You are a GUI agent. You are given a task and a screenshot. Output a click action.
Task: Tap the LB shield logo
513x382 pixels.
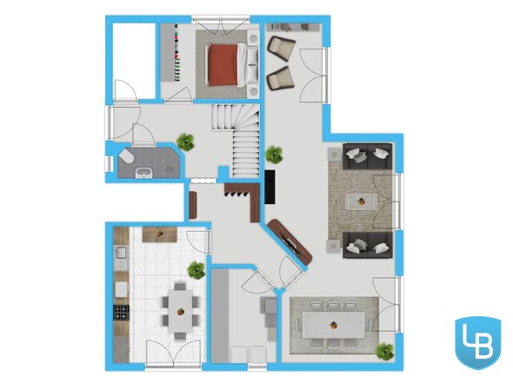click(x=478, y=342)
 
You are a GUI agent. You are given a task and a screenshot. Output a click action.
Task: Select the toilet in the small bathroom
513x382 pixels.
click(x=126, y=156)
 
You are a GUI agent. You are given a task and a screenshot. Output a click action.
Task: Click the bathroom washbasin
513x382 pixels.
click(x=143, y=173)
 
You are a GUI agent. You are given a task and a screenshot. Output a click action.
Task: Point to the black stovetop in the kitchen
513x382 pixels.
click(x=121, y=312)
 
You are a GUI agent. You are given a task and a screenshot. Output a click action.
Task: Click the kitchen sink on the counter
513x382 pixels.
click(x=121, y=254)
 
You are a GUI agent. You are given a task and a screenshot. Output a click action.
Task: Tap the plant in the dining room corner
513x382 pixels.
click(x=384, y=352)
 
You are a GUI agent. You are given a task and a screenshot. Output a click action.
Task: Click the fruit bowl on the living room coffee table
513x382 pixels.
click(x=362, y=201)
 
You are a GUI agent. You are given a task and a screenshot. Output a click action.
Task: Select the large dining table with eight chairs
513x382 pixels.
click(x=333, y=325)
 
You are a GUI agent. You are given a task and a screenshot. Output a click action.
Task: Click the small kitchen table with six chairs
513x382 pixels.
click(x=181, y=311)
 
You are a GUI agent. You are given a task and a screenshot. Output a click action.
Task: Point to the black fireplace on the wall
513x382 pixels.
click(x=270, y=188)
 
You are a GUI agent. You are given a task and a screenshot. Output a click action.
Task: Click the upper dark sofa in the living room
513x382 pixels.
click(x=368, y=156)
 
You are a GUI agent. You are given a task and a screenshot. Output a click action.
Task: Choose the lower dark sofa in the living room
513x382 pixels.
click(x=368, y=245)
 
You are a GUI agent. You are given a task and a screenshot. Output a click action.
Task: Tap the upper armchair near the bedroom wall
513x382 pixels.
click(x=281, y=48)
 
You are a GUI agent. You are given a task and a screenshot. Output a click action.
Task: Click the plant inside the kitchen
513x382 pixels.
click(x=197, y=270)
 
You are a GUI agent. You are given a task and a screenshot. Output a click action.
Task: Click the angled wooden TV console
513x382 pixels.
click(x=290, y=242)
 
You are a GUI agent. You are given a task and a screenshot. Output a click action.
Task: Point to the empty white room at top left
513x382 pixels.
click(x=134, y=61)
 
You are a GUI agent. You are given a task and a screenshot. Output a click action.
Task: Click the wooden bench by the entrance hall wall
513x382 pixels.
click(x=193, y=205)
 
